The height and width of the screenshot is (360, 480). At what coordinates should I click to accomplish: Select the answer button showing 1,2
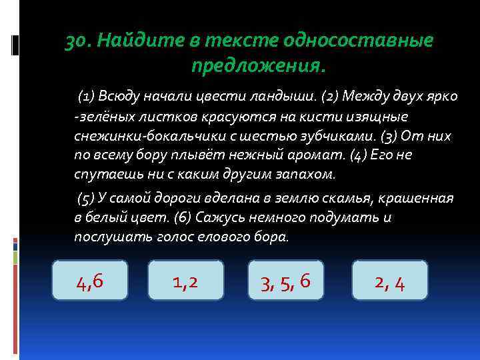click(x=185, y=283)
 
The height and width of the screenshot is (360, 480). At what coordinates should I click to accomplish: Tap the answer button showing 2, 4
click(x=390, y=283)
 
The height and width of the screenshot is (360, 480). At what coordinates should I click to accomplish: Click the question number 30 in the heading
click(x=77, y=41)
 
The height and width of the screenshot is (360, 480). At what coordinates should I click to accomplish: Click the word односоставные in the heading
click(x=359, y=41)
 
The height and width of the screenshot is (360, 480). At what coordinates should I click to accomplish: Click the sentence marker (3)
click(x=390, y=136)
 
